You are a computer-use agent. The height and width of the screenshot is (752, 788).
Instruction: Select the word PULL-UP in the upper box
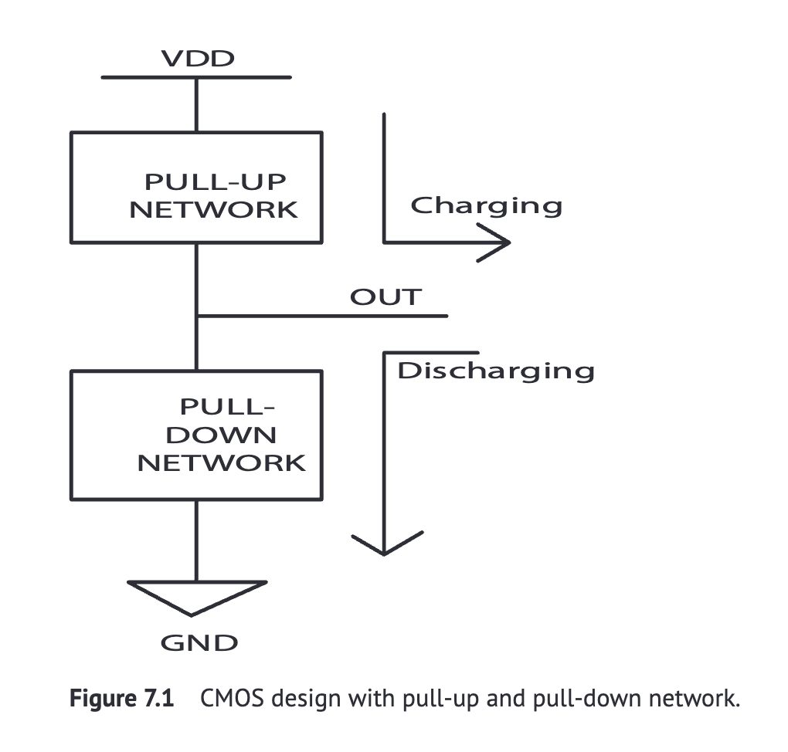coord(215,182)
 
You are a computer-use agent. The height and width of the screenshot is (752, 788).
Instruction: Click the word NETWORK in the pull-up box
coord(213,209)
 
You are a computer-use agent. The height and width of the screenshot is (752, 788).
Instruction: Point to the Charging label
coord(486,205)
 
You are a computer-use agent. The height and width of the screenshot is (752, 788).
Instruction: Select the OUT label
coord(386,297)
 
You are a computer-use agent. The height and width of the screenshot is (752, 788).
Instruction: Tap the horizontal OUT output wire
coord(324,316)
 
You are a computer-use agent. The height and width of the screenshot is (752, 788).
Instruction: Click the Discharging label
coord(495,371)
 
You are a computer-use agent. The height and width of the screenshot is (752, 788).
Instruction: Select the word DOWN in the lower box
coord(221,434)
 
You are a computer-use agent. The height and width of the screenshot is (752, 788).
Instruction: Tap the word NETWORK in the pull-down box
coord(221,462)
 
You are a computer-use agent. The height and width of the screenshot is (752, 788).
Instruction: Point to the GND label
coord(199,643)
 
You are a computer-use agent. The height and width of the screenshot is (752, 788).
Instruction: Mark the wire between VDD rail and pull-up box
coord(196,105)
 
